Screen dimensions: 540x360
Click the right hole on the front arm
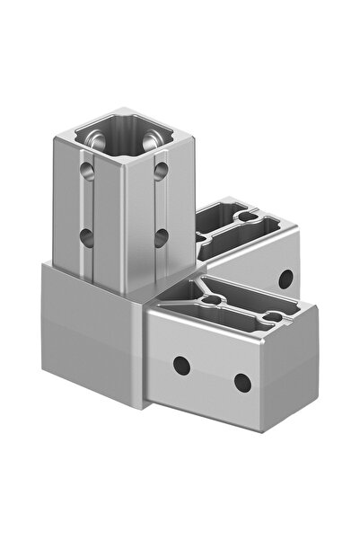(x=241, y=381)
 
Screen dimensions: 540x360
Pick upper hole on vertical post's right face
(x=161, y=168)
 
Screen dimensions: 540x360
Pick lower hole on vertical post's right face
(x=161, y=236)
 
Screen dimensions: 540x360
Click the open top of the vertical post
(x=123, y=135)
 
